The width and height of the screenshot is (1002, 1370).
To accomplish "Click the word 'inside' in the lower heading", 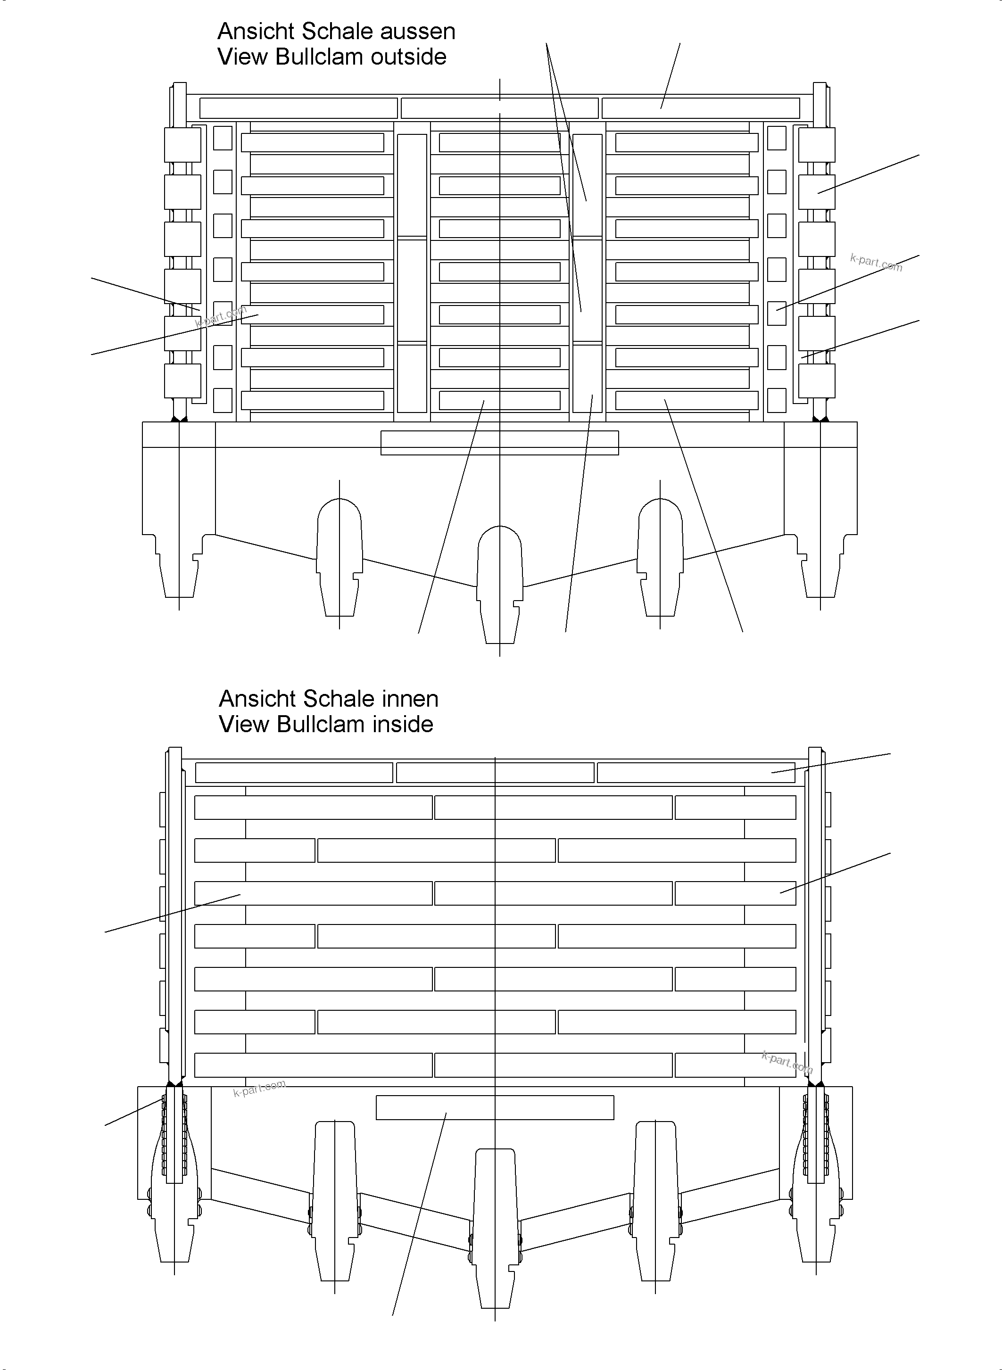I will pyautogui.click(x=402, y=724).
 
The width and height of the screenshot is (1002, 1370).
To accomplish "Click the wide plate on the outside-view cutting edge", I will pyautogui.click(x=499, y=443).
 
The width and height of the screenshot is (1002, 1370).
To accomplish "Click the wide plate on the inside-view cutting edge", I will pyautogui.click(x=495, y=1107).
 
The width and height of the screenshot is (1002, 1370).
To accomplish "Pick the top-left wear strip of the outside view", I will pyautogui.click(x=298, y=108).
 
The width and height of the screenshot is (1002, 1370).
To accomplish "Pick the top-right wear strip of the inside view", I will pyautogui.click(x=696, y=773).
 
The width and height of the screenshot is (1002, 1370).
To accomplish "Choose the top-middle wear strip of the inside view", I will pyautogui.click(x=495, y=773).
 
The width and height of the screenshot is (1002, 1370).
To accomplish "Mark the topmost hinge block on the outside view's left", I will pyautogui.click(x=182, y=144).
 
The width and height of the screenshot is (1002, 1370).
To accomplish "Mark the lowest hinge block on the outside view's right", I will pyautogui.click(x=816, y=380).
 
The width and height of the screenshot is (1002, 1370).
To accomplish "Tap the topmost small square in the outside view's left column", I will pyautogui.click(x=223, y=138).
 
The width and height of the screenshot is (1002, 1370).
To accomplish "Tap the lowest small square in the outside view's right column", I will pyautogui.click(x=776, y=400).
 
